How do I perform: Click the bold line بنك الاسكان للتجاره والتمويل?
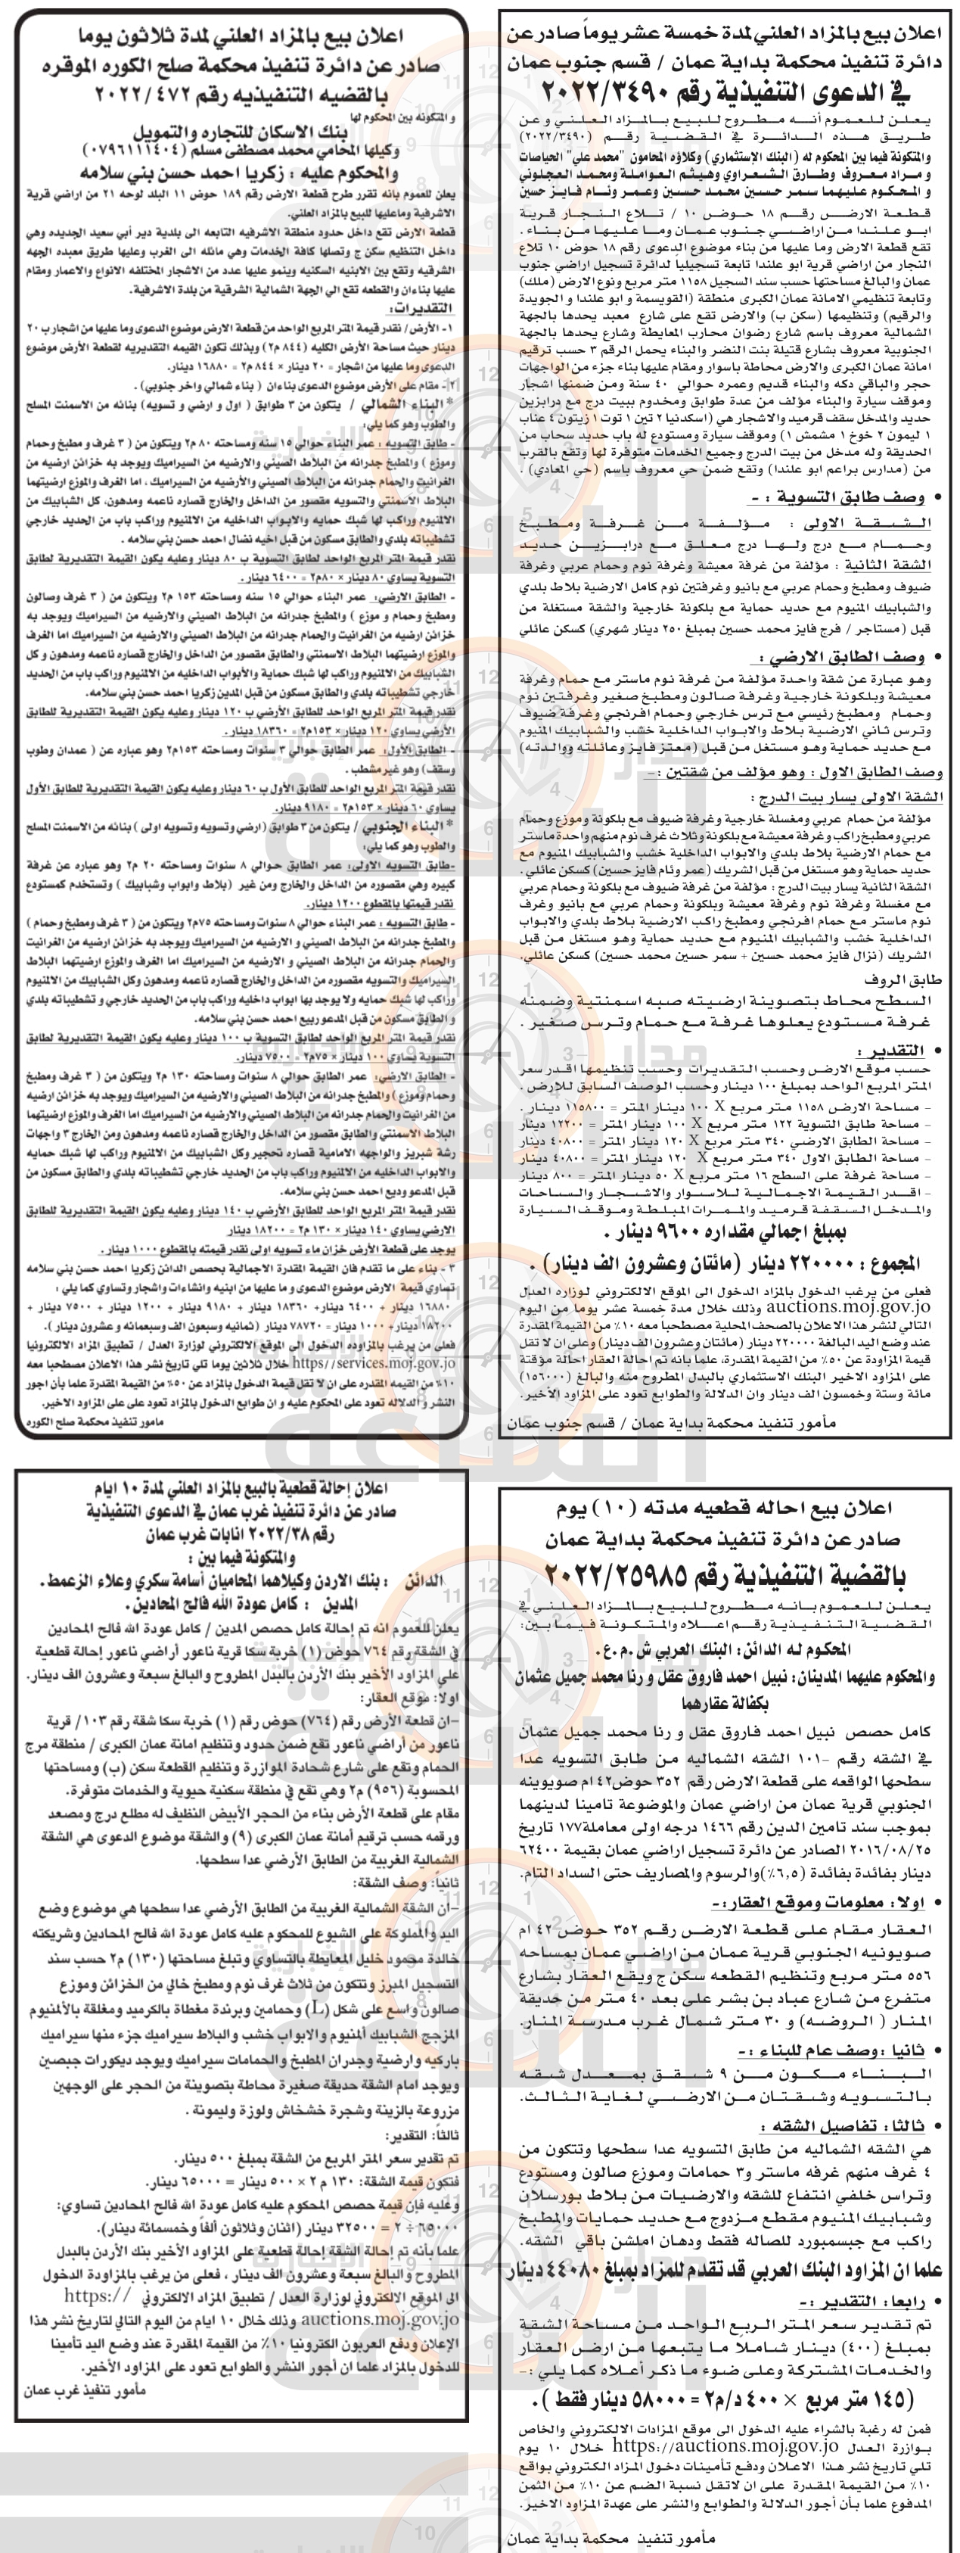[x=242, y=132]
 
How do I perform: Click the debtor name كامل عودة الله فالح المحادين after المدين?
[x=228, y=1602]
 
